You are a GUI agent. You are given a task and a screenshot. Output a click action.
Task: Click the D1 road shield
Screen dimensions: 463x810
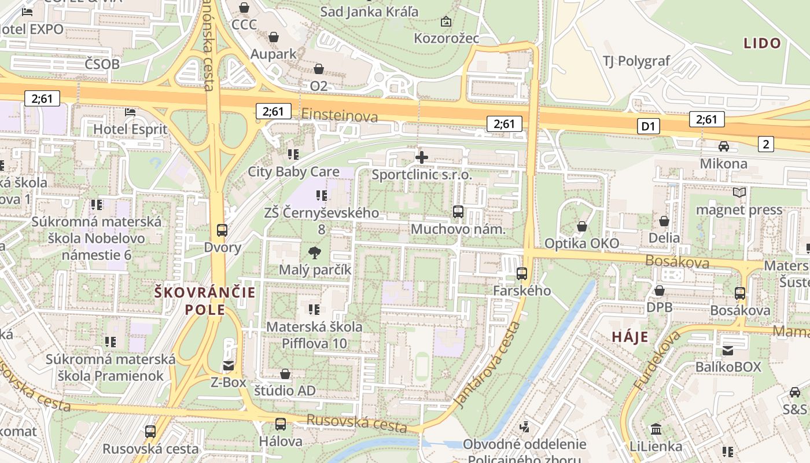pos(649,126)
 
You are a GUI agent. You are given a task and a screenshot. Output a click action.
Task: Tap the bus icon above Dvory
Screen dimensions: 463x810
pos(222,230)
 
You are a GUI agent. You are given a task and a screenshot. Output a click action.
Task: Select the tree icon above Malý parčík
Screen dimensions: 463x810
pos(315,252)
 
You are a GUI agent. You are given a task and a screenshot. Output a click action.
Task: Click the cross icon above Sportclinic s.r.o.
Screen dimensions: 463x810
pos(422,156)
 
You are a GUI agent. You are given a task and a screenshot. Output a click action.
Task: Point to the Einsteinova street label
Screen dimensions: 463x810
pos(339,115)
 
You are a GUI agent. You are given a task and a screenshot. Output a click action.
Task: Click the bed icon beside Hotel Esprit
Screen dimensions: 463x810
pos(130,111)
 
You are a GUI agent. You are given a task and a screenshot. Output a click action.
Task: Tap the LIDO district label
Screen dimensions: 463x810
pos(762,43)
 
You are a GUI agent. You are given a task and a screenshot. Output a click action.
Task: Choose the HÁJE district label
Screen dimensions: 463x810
pos(630,337)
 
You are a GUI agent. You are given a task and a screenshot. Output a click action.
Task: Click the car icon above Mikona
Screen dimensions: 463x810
pos(724,146)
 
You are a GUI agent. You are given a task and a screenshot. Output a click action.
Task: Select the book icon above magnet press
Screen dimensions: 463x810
pos(739,192)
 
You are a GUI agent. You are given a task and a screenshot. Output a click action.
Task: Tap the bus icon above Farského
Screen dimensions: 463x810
pos(522,273)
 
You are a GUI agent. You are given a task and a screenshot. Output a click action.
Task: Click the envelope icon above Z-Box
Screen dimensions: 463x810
pos(229,365)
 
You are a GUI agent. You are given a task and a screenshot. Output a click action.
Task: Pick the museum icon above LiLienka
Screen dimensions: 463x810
pos(656,429)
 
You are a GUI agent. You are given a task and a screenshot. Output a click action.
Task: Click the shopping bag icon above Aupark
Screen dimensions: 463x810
pos(274,37)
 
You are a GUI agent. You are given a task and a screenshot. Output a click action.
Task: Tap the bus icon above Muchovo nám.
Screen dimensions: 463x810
pos(458,212)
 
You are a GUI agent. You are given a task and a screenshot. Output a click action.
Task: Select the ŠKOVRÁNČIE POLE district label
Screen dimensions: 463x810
pos(205,300)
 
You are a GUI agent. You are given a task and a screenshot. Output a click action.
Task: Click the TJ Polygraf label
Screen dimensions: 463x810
pos(636,61)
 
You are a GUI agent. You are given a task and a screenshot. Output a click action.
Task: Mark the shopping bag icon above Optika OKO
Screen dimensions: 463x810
pos(582,226)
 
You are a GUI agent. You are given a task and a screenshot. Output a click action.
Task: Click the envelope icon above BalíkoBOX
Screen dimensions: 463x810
pos(728,350)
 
